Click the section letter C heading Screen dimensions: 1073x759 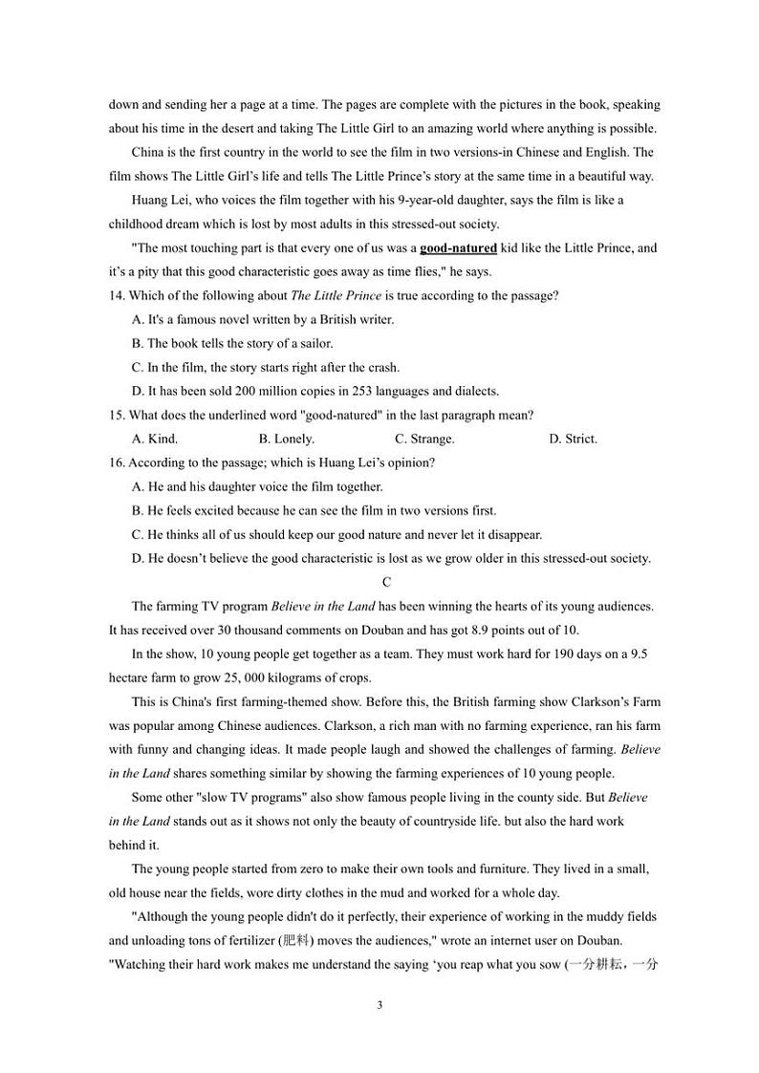(386, 582)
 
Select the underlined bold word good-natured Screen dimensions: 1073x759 (458, 248)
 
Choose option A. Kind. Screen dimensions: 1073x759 (155, 440)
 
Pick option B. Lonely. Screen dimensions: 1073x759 (287, 440)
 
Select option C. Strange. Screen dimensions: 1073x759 (424, 440)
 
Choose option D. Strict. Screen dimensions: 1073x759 (573, 440)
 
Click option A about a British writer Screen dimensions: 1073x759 (263, 320)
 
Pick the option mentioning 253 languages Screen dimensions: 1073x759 (315, 391)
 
